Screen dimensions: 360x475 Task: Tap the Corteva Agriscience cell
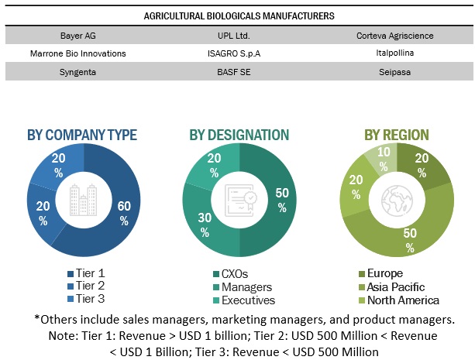pos(394,36)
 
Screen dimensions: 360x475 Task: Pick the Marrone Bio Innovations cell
pos(82,53)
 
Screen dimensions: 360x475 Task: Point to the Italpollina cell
pos(394,53)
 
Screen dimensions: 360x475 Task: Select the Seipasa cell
pos(394,70)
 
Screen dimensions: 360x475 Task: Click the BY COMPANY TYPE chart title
pos(82,135)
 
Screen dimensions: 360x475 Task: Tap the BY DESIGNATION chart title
pos(239,135)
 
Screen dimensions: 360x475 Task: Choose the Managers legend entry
pos(246,286)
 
